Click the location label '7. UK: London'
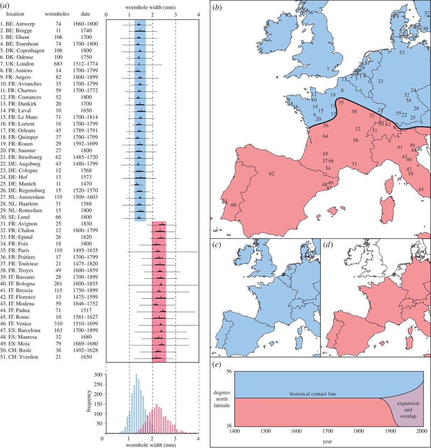tap(17, 64)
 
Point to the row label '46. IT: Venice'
tap(16, 324)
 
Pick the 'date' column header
tap(85, 14)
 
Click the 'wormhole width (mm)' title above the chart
tap(150, 7)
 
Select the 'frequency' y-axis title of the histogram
tap(89, 401)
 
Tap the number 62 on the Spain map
tap(271, 174)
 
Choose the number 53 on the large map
tap(402, 53)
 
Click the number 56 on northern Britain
tap(310, 13)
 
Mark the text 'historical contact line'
tap(313, 394)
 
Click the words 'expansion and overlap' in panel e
tap(408, 410)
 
